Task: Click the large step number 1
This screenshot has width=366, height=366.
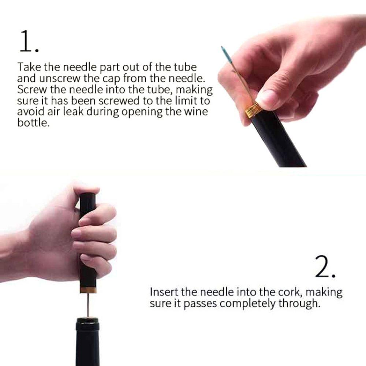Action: point(29,41)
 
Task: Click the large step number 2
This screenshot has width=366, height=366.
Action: point(325,266)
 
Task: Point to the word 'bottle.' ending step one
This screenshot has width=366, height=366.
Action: point(33,122)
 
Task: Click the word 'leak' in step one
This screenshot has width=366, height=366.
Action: point(73,111)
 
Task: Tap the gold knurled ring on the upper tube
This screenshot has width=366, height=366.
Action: point(253,111)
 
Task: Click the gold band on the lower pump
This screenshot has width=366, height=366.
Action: point(88,290)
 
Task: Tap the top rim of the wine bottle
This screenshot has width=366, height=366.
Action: point(87,319)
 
